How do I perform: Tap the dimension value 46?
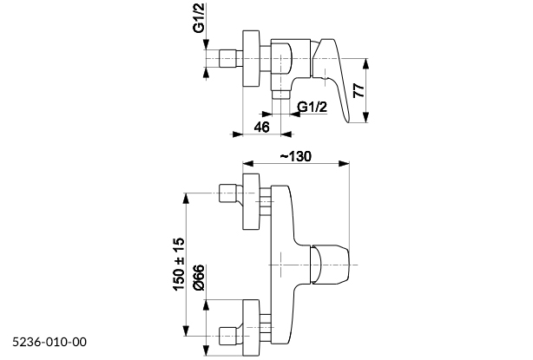(x=262, y=127)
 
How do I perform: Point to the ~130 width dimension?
(x=296, y=156)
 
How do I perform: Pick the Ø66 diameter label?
(x=199, y=280)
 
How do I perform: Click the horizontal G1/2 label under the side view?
(x=312, y=107)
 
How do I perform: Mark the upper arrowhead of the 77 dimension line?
(x=367, y=62)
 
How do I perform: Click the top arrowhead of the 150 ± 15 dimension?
(x=188, y=197)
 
